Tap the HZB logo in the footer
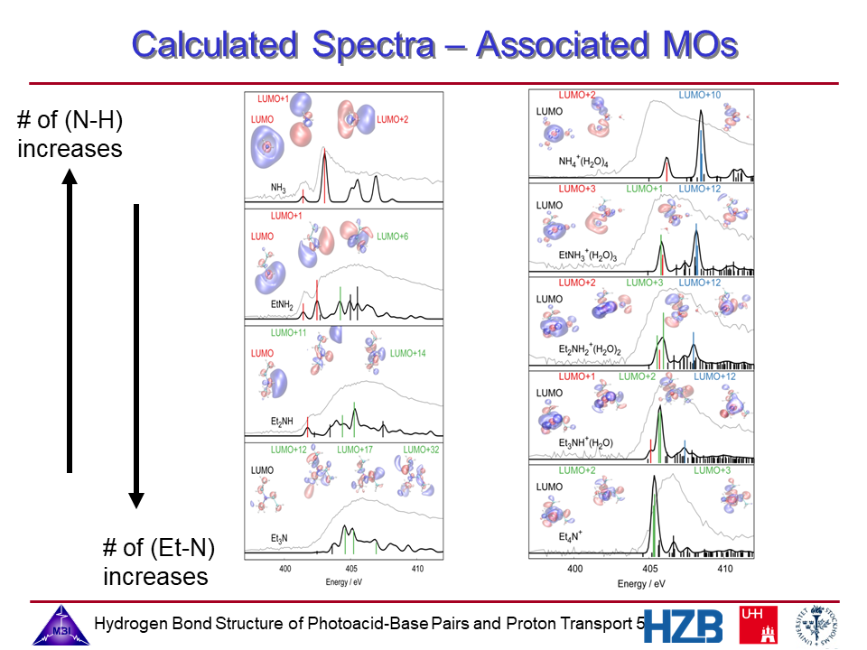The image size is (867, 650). (684, 625)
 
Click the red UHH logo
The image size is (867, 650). (757, 625)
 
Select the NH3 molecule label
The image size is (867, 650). (279, 189)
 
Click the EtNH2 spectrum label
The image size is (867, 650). (284, 306)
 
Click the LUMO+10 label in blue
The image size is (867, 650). (699, 95)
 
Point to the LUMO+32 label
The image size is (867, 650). (421, 449)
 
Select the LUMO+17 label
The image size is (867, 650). (355, 449)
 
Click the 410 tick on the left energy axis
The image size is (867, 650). (417, 570)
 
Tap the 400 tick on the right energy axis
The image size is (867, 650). (574, 570)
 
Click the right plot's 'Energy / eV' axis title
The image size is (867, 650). (645, 583)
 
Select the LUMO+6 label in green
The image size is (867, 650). (393, 237)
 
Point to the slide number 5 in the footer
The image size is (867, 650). (640, 624)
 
